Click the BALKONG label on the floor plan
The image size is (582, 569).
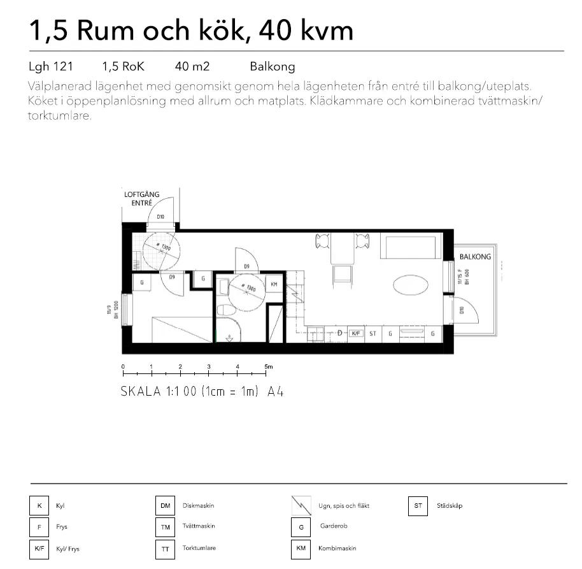coord(475,257)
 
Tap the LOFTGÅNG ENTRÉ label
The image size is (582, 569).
coord(141,198)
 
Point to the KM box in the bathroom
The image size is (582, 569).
coord(274,284)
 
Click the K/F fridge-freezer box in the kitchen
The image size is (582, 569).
coord(356,333)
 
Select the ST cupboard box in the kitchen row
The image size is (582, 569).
coord(373,333)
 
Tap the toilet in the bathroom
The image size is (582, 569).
coord(226,310)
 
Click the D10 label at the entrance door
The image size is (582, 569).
coord(160,217)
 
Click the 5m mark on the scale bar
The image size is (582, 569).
coord(267,366)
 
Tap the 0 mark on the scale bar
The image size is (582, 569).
coord(122,366)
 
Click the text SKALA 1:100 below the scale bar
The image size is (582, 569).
coord(159,392)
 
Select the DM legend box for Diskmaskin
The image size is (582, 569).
coord(165,506)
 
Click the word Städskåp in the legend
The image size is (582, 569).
coord(450,506)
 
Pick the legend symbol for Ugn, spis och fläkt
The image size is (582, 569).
coord(301,506)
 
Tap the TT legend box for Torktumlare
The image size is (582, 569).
coord(165,549)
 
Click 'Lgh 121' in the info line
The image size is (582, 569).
coord(51,66)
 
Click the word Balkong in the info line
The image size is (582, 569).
coord(273,66)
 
